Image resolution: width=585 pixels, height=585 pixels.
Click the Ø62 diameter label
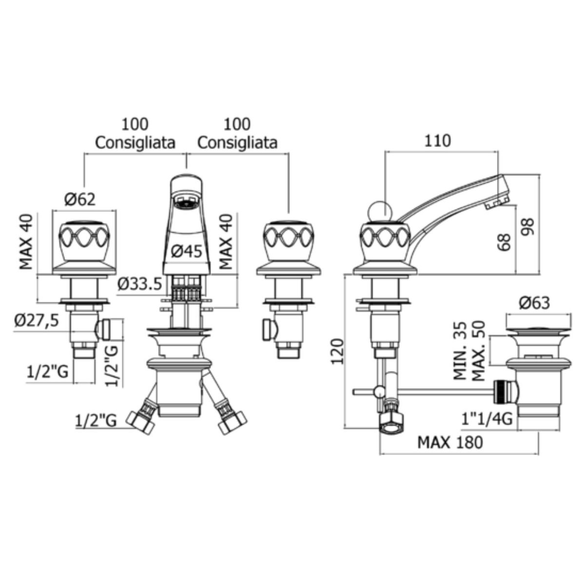[x=80, y=199]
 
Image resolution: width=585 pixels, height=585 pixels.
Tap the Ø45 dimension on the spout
[x=186, y=252]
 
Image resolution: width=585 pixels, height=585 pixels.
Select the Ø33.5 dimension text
[x=139, y=284]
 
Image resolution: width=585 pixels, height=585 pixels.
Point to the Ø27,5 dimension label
[x=37, y=320]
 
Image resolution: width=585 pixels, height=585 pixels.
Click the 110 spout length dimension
[x=437, y=141]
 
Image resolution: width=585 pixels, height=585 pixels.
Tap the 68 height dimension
[x=504, y=242]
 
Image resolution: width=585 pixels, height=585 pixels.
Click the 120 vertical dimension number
[x=337, y=351]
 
